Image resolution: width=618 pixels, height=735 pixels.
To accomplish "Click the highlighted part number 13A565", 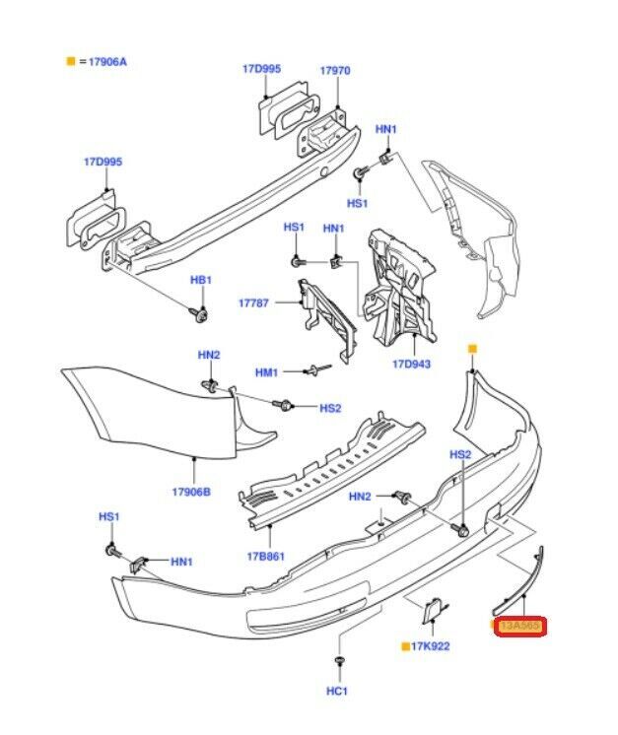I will (519, 626).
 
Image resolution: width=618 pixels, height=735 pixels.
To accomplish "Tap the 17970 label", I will (334, 71).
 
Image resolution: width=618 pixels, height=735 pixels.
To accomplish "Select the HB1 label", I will (201, 281).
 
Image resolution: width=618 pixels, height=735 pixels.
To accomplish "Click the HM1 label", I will (268, 371).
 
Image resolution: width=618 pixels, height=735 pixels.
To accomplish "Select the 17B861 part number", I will (268, 557).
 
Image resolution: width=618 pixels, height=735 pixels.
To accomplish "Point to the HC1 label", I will (337, 692).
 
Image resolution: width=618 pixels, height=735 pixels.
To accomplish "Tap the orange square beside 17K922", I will (405, 646).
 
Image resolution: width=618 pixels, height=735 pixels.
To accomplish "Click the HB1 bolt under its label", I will (201, 314).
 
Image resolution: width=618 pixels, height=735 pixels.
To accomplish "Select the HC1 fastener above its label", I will (337, 659).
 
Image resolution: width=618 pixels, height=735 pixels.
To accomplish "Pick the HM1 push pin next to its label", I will (315, 370).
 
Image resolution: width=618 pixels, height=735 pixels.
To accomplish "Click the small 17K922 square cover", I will (433, 613).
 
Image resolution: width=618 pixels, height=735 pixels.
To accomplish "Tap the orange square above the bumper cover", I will (472, 349).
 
